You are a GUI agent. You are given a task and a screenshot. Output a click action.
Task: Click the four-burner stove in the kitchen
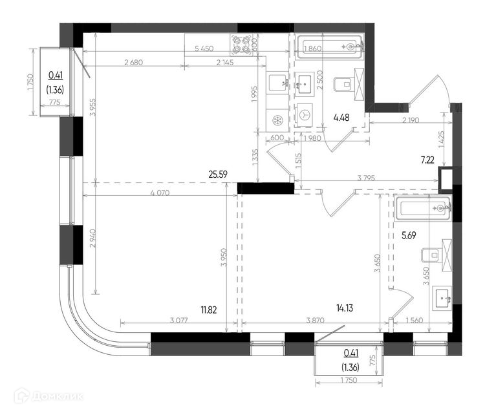click(241, 45)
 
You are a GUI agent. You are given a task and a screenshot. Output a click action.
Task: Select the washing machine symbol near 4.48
click(304, 115)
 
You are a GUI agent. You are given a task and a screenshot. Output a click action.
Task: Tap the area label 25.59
click(218, 175)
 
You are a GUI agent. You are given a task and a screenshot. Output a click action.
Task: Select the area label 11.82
click(209, 310)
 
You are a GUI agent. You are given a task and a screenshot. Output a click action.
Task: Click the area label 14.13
click(345, 308)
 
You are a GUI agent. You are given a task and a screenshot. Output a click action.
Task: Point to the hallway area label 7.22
click(427, 160)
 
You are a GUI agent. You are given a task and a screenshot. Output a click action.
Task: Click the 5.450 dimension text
click(204, 48)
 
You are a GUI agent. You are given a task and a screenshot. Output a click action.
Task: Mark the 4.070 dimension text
click(160, 193)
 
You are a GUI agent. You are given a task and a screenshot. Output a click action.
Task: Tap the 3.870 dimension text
click(315, 321)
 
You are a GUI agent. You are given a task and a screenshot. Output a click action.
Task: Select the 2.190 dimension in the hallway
click(411, 120)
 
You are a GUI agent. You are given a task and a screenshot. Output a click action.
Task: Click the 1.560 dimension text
click(414, 321)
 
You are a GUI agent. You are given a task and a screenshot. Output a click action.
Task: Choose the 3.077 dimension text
click(178, 321)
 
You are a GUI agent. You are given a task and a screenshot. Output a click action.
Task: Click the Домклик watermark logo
click(48, 396)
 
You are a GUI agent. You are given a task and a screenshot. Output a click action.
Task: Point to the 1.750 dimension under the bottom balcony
click(349, 380)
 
